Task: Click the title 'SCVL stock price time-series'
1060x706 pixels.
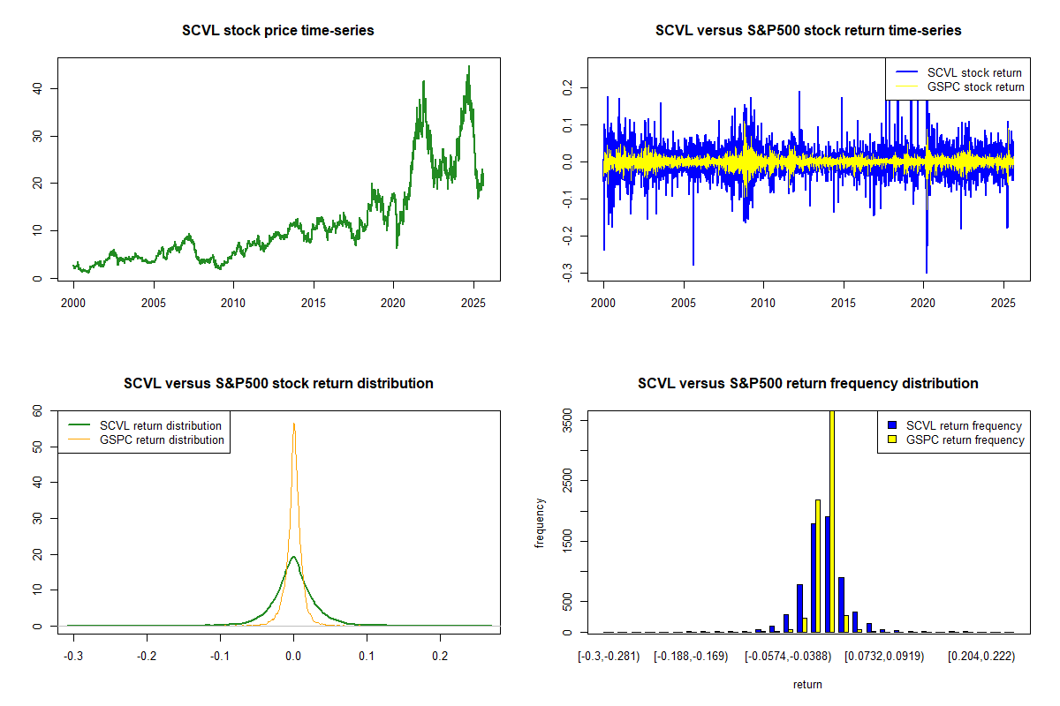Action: click(x=278, y=31)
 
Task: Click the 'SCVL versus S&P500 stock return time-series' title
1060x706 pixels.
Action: click(x=808, y=31)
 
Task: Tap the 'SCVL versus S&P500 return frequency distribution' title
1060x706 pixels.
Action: click(x=808, y=384)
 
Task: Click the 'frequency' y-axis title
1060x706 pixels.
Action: click(x=540, y=522)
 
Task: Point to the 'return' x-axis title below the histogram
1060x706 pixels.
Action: click(x=807, y=684)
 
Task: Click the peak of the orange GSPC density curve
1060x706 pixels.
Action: click(x=293, y=424)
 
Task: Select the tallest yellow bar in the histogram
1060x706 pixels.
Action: click(x=831, y=521)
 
